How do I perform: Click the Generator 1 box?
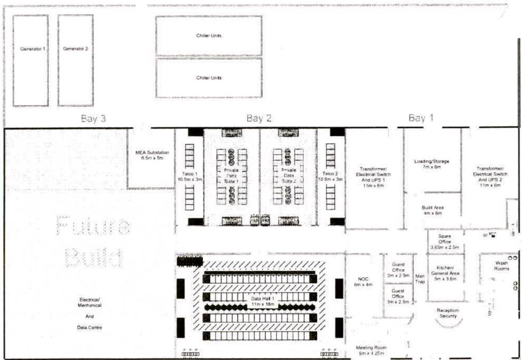point(31,60)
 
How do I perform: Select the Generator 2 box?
point(75,60)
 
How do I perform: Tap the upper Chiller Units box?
point(209,36)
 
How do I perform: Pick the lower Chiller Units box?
point(209,78)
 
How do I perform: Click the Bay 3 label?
point(93,118)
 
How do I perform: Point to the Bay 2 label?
point(259,118)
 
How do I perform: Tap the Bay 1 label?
point(421,118)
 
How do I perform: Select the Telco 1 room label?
point(189,176)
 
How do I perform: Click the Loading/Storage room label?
point(432,164)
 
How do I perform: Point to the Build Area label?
point(432,210)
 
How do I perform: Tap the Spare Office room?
point(445,242)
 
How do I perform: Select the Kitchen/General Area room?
point(445,273)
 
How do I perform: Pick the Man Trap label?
point(420,279)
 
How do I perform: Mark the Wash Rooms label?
point(501,266)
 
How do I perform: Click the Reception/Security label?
point(448,313)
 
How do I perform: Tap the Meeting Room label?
point(371,350)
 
